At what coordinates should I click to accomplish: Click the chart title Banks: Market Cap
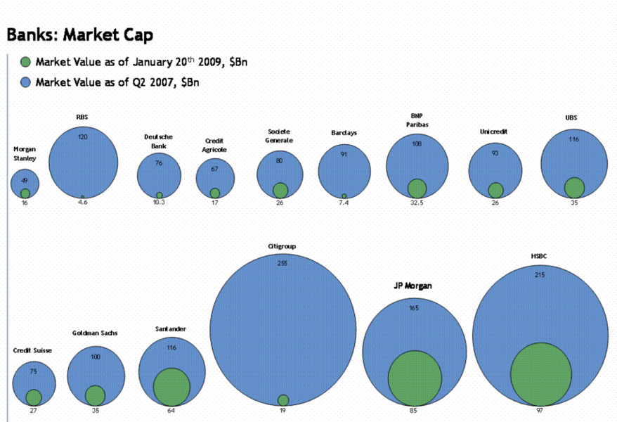coord(79,34)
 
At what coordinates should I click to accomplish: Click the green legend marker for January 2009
coord(26,62)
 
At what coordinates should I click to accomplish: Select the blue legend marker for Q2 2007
coord(26,82)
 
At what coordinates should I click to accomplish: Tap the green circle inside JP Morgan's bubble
coord(415,379)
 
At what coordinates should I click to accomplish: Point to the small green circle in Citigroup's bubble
coord(283,399)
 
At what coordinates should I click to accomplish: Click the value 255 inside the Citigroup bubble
coord(282,263)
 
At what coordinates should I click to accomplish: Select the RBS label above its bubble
coord(82,117)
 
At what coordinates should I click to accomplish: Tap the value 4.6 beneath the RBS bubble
coord(82,203)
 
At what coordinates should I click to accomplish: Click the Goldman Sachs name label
coord(96,333)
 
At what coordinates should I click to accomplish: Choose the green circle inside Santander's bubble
coord(171,387)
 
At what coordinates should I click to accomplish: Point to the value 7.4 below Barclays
coord(344,203)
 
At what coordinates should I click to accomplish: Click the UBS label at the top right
coord(571,117)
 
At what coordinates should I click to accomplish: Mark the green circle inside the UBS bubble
coord(574,188)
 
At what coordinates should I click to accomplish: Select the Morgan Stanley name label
coord(25,153)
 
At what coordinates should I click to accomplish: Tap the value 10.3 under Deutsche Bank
coord(159,203)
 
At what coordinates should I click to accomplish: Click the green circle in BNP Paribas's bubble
coord(417,188)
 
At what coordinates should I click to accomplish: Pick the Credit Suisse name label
coord(32,350)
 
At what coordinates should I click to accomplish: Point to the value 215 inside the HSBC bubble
coord(539,275)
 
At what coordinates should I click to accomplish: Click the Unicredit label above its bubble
coord(494,132)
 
